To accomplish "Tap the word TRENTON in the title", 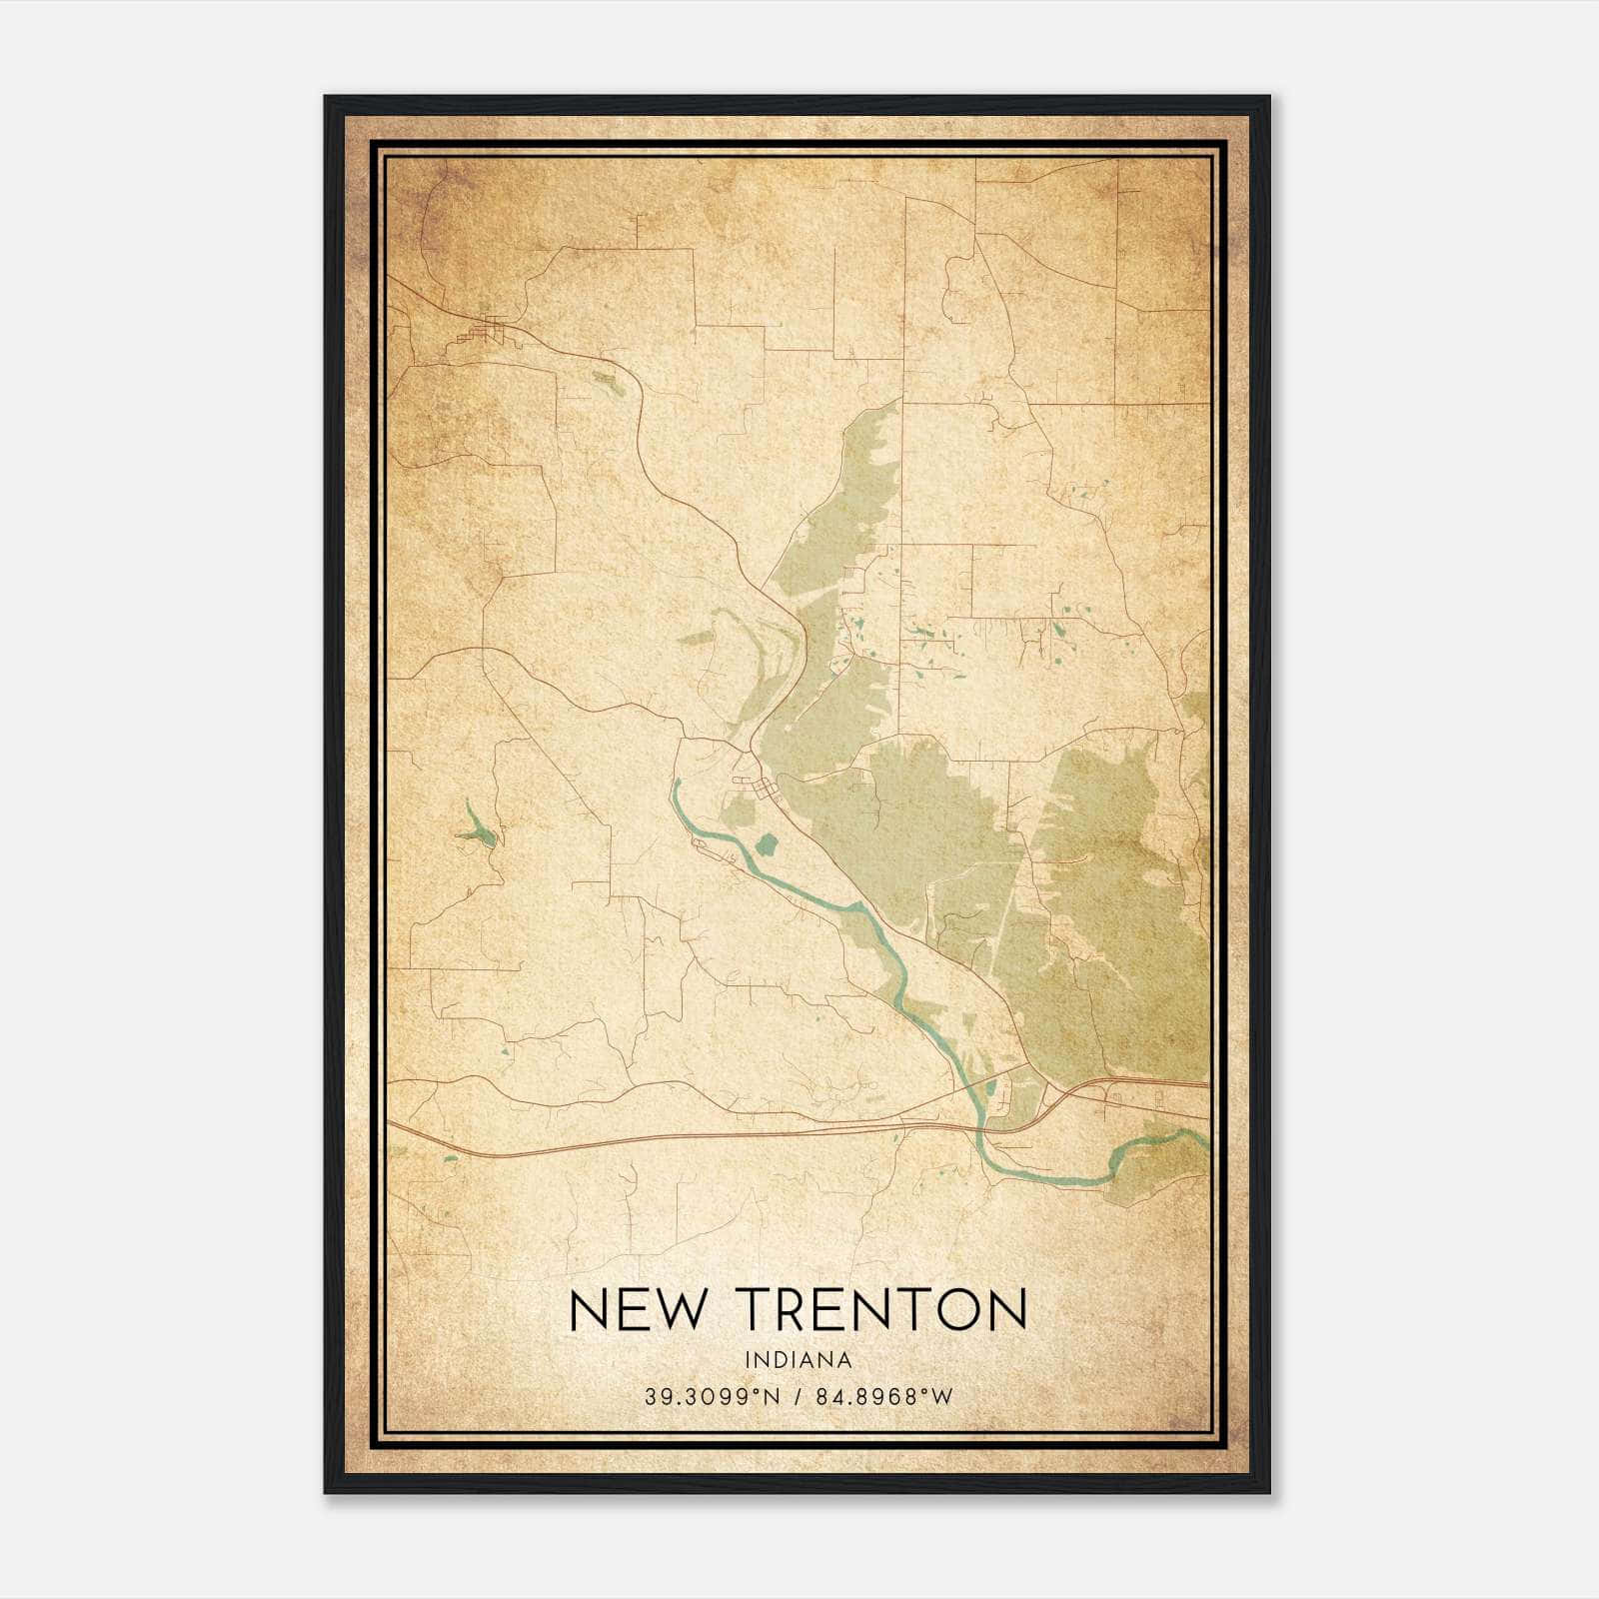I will pyautogui.click(x=883, y=1310).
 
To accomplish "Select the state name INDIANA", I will pyautogui.click(x=798, y=1360).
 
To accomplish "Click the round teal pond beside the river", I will pyautogui.click(x=768, y=845).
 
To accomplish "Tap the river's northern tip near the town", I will pyautogui.click(x=677, y=784).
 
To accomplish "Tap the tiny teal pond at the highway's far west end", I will pyautogui.click(x=451, y=1157).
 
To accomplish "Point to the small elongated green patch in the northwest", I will pyautogui.click(x=608, y=383).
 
